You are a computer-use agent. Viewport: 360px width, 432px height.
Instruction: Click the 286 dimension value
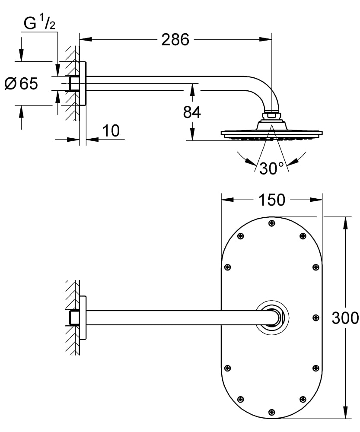[x=175, y=40]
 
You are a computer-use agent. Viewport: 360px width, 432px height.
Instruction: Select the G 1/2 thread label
[x=39, y=24]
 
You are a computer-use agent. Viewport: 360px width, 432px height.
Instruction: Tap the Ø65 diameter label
[x=21, y=83]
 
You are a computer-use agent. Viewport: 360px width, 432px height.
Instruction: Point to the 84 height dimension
[x=192, y=112]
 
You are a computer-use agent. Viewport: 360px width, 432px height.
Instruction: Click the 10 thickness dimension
[x=111, y=130]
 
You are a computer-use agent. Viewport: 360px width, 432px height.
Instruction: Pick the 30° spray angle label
[x=271, y=168]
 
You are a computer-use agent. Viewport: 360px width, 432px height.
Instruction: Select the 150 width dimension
[x=272, y=200]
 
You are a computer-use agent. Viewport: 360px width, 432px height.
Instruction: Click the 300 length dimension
[x=345, y=318]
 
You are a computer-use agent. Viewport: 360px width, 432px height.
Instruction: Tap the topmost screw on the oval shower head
[x=271, y=223]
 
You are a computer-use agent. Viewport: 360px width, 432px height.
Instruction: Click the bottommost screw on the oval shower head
[x=271, y=412]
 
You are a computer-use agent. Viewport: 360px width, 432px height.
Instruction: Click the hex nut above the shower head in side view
[x=271, y=115]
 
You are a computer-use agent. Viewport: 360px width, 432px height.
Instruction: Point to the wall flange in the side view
[x=83, y=83]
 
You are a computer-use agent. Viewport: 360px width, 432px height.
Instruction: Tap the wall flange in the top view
[x=83, y=318]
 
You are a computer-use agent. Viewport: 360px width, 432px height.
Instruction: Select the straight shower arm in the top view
[x=173, y=318]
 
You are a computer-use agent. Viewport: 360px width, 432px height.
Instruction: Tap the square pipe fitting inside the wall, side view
[x=73, y=83]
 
